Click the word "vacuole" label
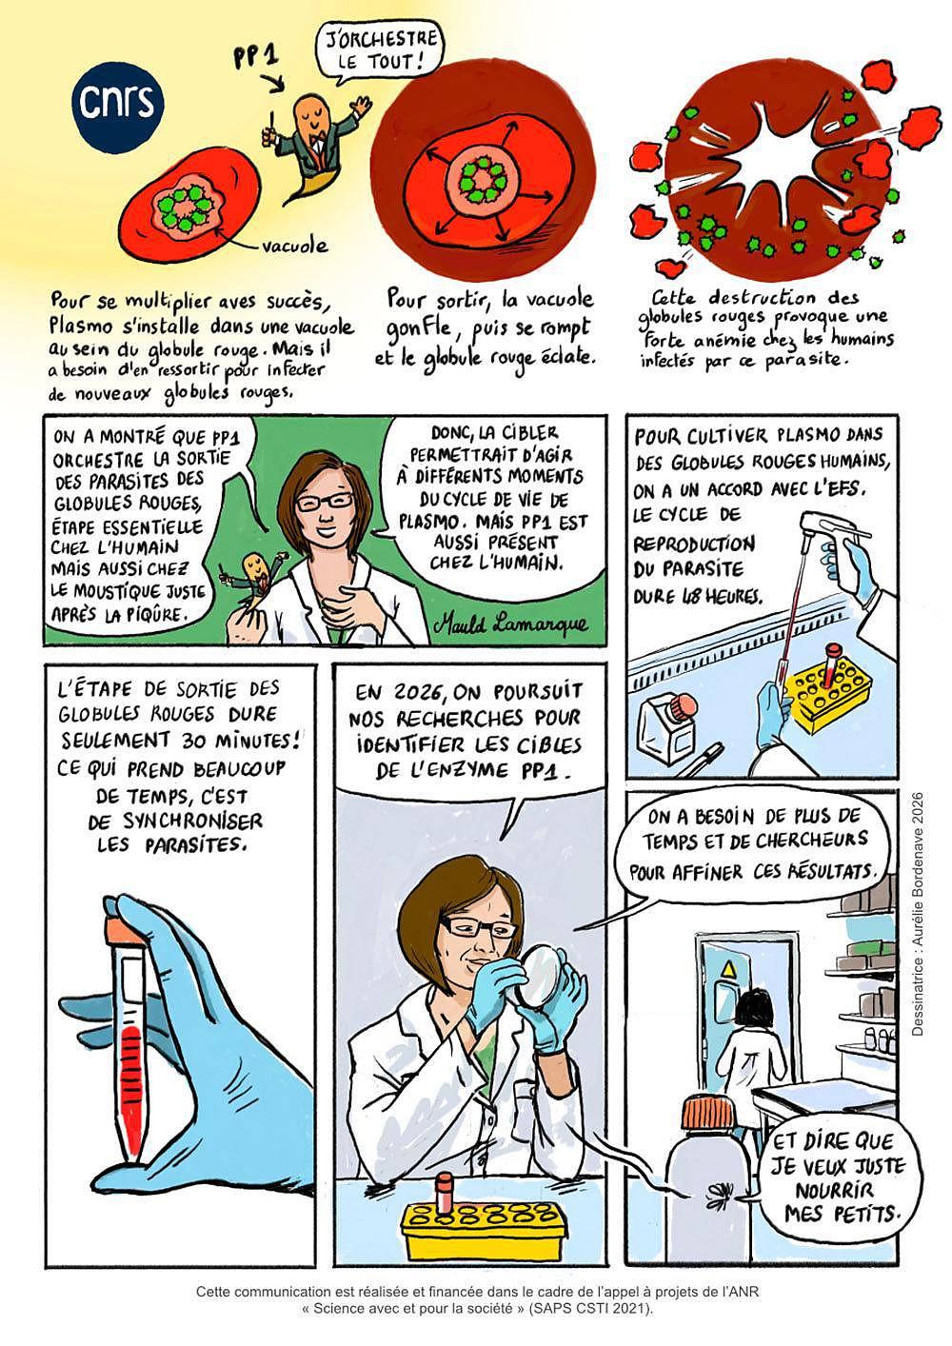294,246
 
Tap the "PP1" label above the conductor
256,59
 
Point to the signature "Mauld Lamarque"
510,624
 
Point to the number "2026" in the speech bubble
418,691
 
